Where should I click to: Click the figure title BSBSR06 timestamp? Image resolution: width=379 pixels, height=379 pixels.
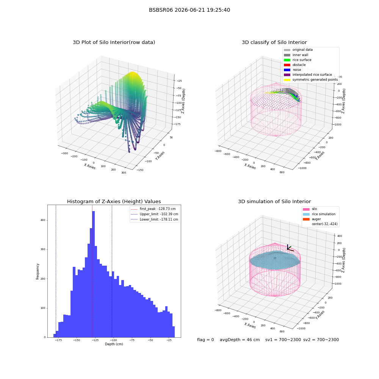pyautogui.click(x=189, y=10)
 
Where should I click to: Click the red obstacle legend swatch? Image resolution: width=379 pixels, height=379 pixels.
pyautogui.click(x=287, y=65)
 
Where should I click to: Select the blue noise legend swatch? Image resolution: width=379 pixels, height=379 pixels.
pyautogui.click(x=287, y=70)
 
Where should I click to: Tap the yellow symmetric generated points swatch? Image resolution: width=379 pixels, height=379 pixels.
pyautogui.click(x=287, y=80)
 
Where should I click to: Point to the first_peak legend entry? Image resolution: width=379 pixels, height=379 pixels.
pyautogui.click(x=154, y=209)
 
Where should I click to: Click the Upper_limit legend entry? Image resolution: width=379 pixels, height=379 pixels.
pyautogui.click(x=154, y=214)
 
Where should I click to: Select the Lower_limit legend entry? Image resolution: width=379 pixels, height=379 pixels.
pyautogui.click(x=154, y=219)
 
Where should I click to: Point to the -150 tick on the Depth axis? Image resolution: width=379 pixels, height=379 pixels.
pyautogui.click(x=77, y=340)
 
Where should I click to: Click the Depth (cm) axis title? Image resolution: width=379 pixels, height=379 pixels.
pyautogui.click(x=114, y=344)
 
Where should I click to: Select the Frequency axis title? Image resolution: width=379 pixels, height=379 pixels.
pyautogui.click(x=38, y=271)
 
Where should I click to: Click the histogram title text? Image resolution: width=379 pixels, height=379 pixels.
pyautogui.click(x=114, y=201)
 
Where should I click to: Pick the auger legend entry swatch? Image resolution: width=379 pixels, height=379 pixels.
pyautogui.click(x=306, y=219)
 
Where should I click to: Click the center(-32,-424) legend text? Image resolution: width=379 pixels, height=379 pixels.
pyautogui.click(x=325, y=224)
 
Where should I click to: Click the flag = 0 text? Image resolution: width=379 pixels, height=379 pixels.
pyautogui.click(x=205, y=340)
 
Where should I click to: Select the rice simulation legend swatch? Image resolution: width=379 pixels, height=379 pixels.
pyautogui.click(x=306, y=214)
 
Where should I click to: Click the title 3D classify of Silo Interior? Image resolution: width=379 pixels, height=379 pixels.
pyautogui.click(x=274, y=42)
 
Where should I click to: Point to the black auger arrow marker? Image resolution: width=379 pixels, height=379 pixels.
pyautogui.click(x=289, y=248)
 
